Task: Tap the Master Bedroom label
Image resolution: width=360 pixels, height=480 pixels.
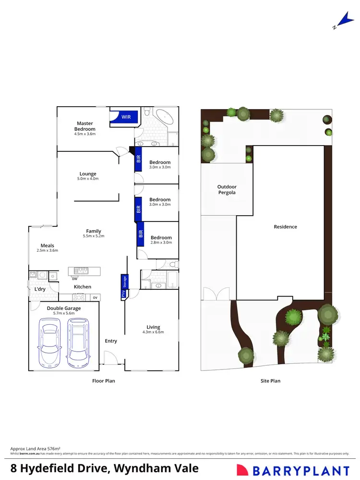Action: (85, 126)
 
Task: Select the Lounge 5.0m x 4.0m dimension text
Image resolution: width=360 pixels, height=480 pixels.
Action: (88, 179)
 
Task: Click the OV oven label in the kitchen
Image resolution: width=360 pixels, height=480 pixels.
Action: (95, 298)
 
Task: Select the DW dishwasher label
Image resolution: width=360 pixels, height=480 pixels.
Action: (74, 279)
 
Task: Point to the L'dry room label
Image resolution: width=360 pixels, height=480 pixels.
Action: (39, 289)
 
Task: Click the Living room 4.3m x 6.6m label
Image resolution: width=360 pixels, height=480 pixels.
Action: (153, 329)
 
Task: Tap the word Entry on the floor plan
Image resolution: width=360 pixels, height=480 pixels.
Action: (111, 341)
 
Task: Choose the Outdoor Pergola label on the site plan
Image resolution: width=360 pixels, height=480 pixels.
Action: (227, 190)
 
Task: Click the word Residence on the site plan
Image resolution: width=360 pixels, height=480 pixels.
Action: (286, 227)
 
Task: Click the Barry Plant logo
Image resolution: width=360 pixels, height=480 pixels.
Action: (293, 470)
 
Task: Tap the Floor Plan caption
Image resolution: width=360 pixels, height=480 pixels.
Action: (104, 381)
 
